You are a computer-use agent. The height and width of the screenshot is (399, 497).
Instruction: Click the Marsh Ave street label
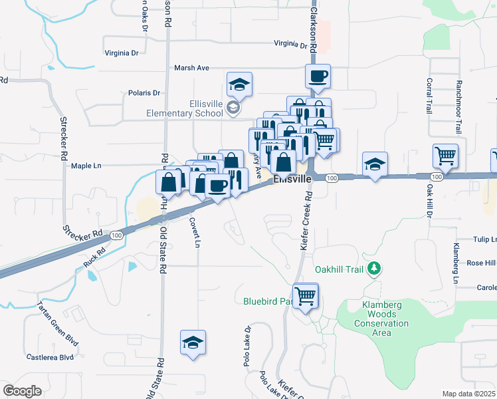coord(191,68)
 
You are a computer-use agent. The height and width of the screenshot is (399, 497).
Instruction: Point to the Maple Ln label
coord(86,166)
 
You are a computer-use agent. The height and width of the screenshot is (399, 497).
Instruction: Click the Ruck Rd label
coord(95,257)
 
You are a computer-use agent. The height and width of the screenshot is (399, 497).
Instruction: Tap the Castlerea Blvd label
coord(50,357)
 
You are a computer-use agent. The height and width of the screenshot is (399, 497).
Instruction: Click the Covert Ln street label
coord(194,232)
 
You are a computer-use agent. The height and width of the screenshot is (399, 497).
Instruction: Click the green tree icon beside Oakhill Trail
coord(375,269)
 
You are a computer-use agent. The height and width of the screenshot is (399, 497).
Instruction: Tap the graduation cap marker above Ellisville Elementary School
coord(239,84)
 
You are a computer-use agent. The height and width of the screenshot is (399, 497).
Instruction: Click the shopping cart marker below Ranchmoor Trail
coord(445,156)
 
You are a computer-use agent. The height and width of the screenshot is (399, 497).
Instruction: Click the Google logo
coord(21,390)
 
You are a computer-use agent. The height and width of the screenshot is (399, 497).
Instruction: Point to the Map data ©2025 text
coord(468,394)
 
